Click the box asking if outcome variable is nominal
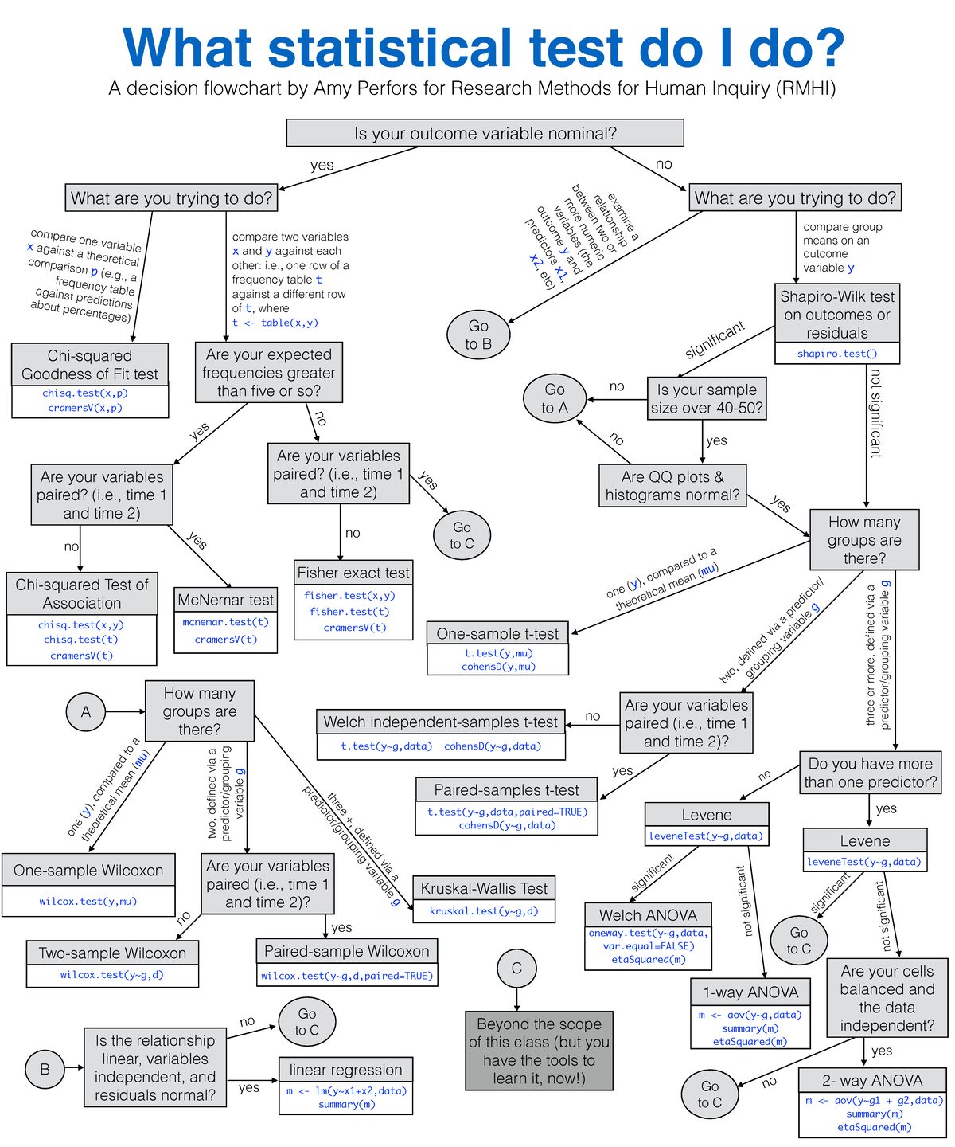pyautogui.click(x=485, y=134)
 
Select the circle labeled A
pyautogui.click(x=86, y=711)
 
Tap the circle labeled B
pyautogui.click(x=45, y=1069)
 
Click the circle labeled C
pyautogui.click(x=516, y=968)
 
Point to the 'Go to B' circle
pyautogui.click(x=478, y=335)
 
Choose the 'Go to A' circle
pyautogui.click(x=555, y=399)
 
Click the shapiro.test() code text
pyautogui.click(x=837, y=354)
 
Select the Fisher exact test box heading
pyautogui.click(x=353, y=573)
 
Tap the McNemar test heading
pyautogui.click(x=225, y=600)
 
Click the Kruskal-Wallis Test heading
pyautogui.click(x=484, y=888)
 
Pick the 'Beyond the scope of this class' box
pyautogui.click(x=539, y=1051)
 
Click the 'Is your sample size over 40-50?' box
pyautogui.click(x=707, y=399)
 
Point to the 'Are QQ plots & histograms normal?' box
pyautogui.click(x=672, y=486)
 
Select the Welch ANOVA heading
pyautogui.click(x=648, y=915)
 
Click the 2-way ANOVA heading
pyautogui.click(x=872, y=1080)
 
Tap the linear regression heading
pyautogui.click(x=345, y=1070)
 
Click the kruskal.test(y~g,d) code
pyautogui.click(x=484, y=911)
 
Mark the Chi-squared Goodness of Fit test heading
pyautogui.click(x=90, y=365)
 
